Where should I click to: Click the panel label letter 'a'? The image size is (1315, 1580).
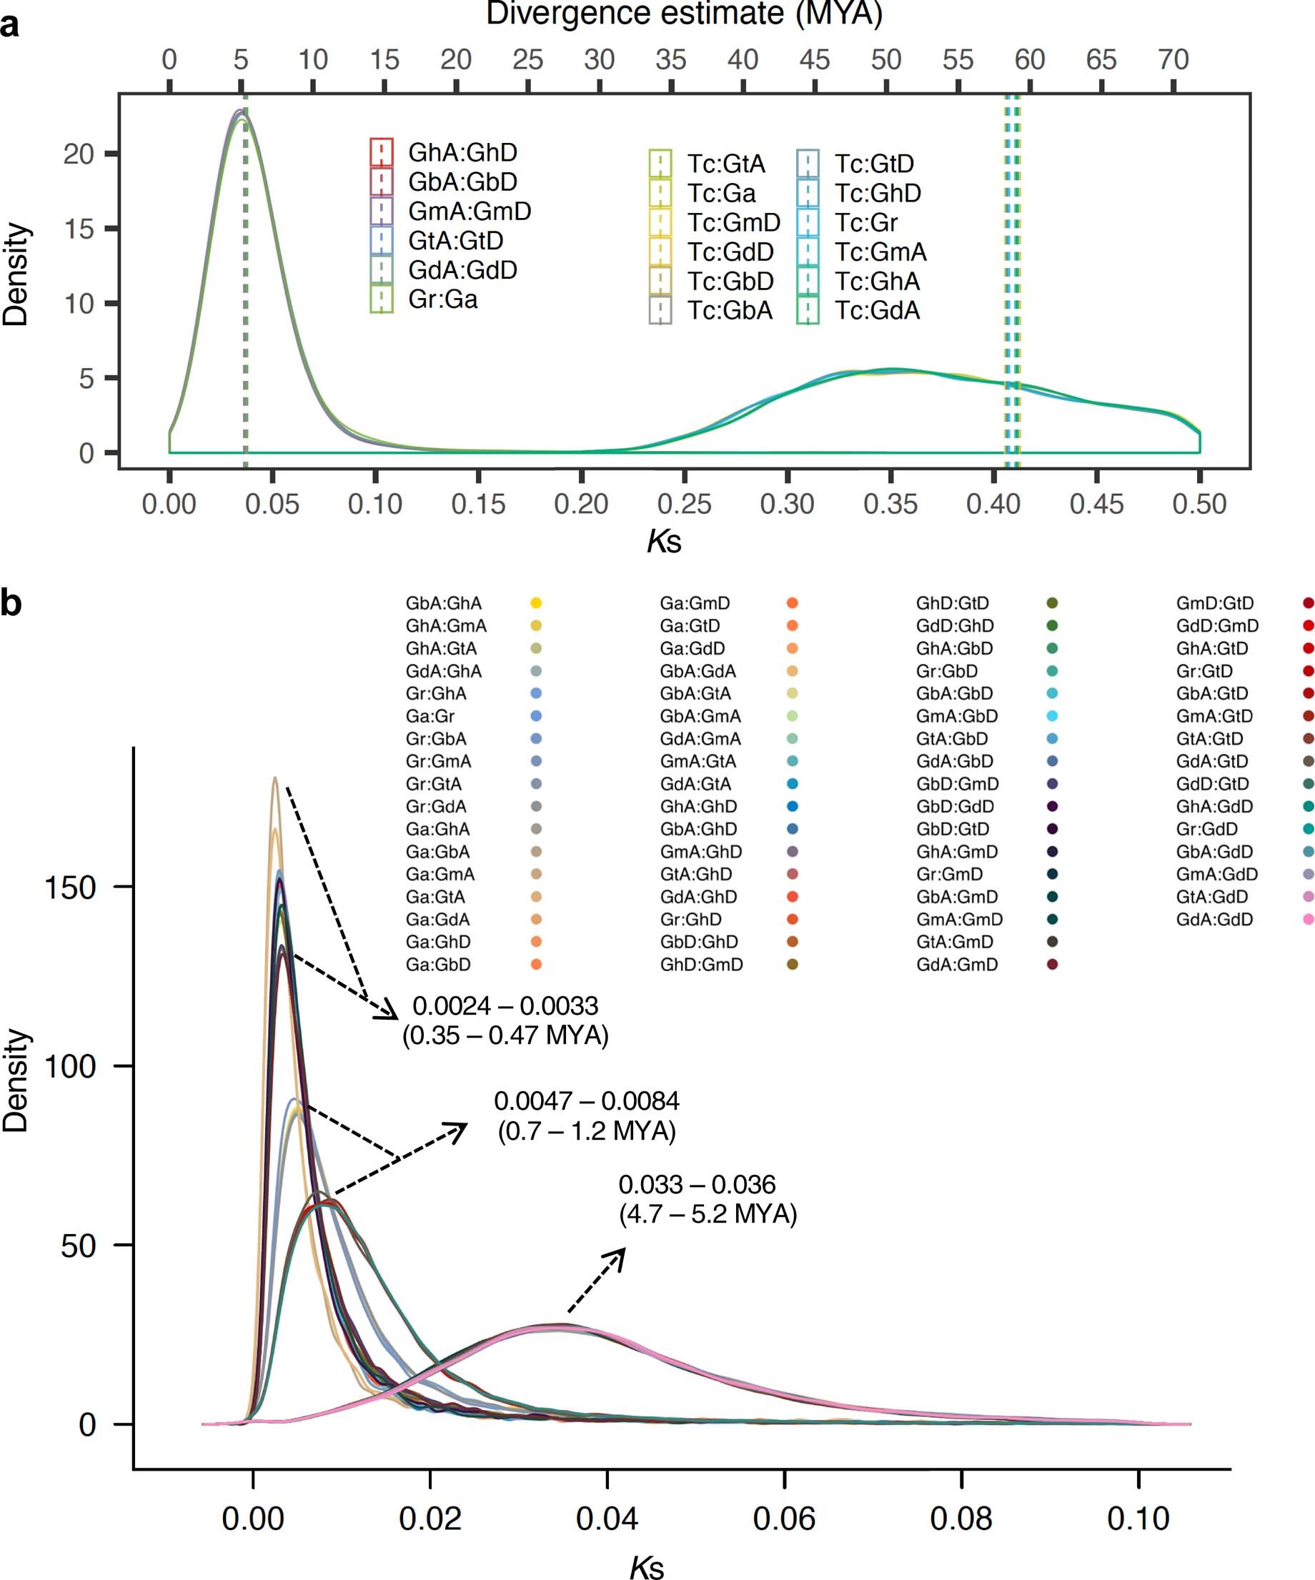pyautogui.click(x=11, y=26)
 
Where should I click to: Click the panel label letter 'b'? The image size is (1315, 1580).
pyautogui.click(x=11, y=602)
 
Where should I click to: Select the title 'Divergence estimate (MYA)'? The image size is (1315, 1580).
pyautogui.click(x=684, y=14)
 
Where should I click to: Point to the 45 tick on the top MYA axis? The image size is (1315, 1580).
pyautogui.click(x=814, y=59)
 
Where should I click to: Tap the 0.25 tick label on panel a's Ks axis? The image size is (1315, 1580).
pyautogui.click(x=684, y=503)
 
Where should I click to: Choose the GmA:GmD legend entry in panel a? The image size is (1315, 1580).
pyautogui.click(x=469, y=211)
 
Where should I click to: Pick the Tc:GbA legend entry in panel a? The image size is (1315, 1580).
pyautogui.click(x=729, y=311)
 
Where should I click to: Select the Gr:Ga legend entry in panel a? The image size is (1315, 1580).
pyautogui.click(x=442, y=299)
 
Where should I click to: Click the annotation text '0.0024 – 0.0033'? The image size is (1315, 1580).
pyautogui.click(x=505, y=1006)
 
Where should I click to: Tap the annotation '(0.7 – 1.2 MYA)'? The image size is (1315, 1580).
pyautogui.click(x=586, y=1131)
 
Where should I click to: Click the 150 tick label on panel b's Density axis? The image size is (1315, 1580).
pyautogui.click(x=70, y=888)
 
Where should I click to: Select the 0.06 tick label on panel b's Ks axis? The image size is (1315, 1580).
pyautogui.click(x=784, y=1519)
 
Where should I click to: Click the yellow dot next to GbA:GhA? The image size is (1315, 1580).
pyautogui.click(x=535, y=602)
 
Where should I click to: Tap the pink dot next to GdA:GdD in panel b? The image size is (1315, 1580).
pyautogui.click(x=1309, y=919)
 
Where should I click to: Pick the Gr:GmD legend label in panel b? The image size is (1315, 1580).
pyautogui.click(x=948, y=873)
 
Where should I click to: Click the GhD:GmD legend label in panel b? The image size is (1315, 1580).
pyautogui.click(x=701, y=964)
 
